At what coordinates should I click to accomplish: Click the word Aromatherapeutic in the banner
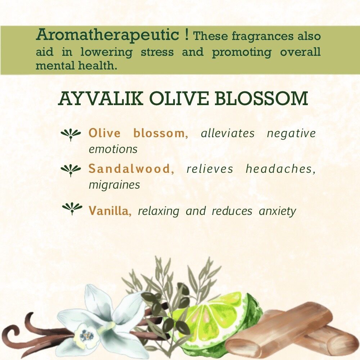[x=107, y=35]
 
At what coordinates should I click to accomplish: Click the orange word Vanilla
[x=110, y=211]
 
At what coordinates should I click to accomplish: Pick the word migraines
[x=114, y=185]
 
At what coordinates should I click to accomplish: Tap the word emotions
[x=113, y=149]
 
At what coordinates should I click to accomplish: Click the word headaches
[x=280, y=169]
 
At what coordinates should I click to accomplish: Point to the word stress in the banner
[x=157, y=52]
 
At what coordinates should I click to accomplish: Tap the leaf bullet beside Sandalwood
[x=71, y=170]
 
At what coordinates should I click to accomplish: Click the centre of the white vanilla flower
[x=86, y=336]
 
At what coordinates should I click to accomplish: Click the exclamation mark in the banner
[x=186, y=35]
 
